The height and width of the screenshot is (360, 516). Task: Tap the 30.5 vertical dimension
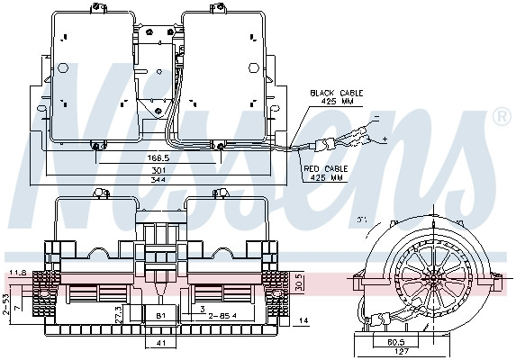(298, 281)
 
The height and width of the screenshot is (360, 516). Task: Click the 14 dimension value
(303, 321)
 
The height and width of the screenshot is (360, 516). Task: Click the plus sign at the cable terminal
(384, 140)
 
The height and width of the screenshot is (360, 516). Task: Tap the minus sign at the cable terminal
(374, 118)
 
